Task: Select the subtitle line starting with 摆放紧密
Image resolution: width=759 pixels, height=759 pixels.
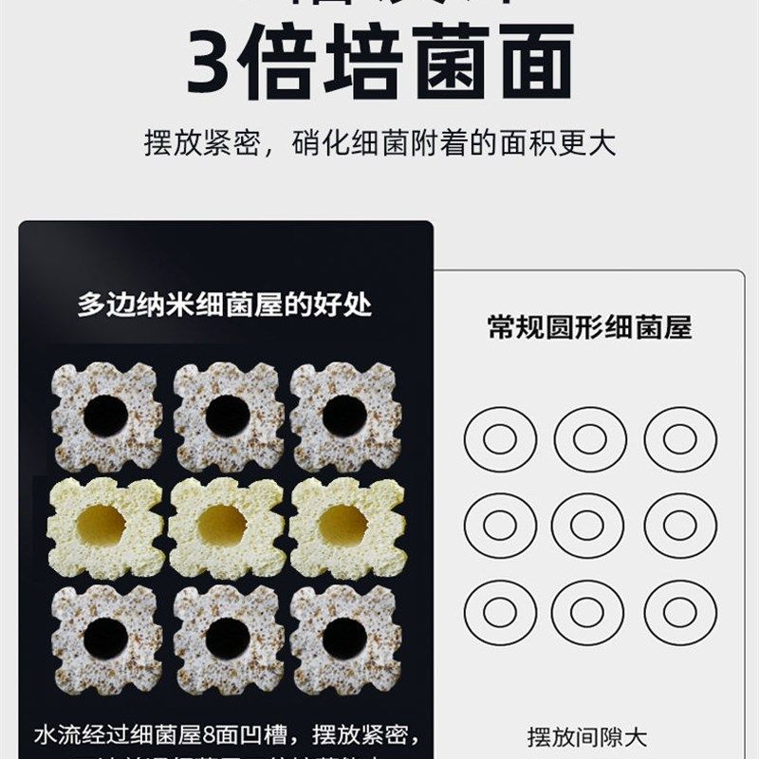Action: [x=379, y=143]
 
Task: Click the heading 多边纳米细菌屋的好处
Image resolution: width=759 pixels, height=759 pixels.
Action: [x=225, y=305]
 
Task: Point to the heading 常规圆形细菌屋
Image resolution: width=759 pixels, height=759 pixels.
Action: [x=589, y=328]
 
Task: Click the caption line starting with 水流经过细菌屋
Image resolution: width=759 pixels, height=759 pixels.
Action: [x=225, y=736]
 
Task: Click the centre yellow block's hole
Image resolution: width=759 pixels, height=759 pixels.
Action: [x=224, y=525]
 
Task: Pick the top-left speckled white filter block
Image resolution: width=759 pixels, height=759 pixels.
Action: [x=106, y=416]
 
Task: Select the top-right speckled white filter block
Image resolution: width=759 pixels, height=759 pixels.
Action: [x=344, y=416]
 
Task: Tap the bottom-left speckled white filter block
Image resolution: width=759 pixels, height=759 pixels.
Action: [x=106, y=638]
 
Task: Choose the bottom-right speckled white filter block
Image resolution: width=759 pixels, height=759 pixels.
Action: [x=344, y=638]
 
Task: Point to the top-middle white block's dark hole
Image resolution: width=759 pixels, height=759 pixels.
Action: [x=227, y=416]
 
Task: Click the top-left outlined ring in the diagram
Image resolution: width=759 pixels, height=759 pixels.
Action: [x=500, y=439]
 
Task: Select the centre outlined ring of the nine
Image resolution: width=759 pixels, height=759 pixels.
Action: [x=589, y=526]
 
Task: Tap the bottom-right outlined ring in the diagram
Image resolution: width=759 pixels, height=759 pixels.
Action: [x=679, y=613]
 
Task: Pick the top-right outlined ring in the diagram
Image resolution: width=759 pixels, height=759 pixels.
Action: [x=679, y=439]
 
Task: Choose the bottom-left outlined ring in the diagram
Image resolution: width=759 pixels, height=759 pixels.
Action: [x=500, y=613]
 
